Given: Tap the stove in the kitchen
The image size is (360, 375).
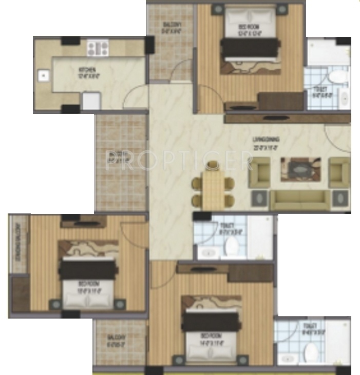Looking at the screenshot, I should pyautogui.click(x=97, y=48).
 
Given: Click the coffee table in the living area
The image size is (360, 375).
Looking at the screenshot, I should pyautogui.click(x=300, y=169).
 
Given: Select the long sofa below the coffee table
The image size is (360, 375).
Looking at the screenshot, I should pyautogui.click(x=299, y=201).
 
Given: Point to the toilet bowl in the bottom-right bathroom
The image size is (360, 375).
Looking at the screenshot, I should pyautogui.click(x=311, y=352).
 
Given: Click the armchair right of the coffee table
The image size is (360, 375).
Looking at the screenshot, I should pyautogui.click(x=339, y=172).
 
